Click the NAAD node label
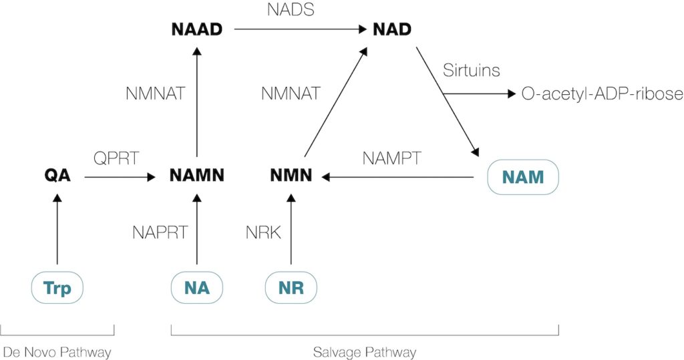(x=196, y=29)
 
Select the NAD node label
(x=391, y=29)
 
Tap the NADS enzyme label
(x=290, y=10)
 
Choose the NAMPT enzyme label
(x=392, y=158)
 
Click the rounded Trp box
(x=57, y=289)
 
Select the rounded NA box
(x=196, y=289)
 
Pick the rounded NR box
(x=291, y=289)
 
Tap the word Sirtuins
(x=471, y=70)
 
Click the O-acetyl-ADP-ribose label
(x=602, y=94)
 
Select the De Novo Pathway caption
(x=57, y=351)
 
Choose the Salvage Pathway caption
(x=365, y=351)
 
